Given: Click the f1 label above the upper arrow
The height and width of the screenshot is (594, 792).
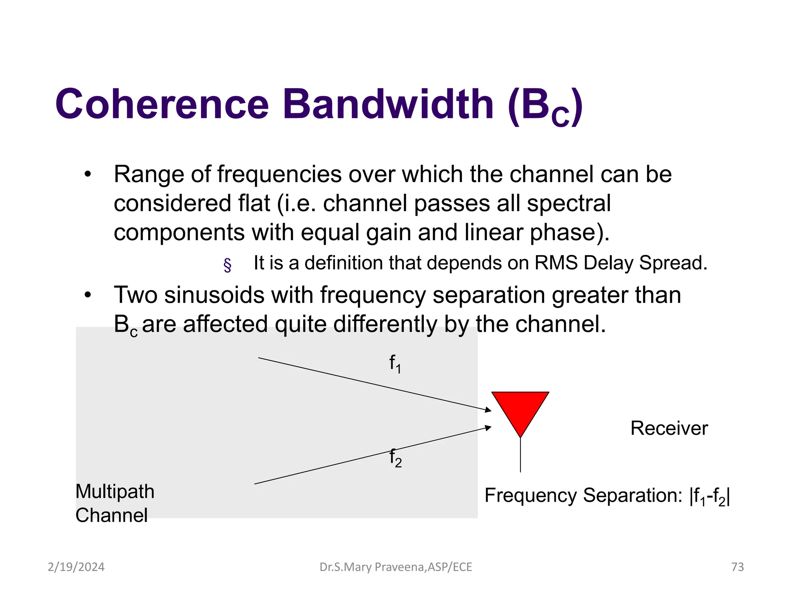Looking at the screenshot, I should click(395, 364).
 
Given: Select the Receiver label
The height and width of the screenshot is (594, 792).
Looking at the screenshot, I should click(669, 428).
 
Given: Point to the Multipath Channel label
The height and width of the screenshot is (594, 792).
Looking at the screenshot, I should click(114, 503).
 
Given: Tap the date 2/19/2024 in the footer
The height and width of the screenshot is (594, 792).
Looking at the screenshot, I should click(76, 567).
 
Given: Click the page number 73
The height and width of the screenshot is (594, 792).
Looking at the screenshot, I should click(737, 567).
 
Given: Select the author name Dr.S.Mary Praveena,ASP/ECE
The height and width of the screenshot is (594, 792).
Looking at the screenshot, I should click(396, 567).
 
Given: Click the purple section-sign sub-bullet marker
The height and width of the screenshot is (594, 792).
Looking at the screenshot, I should click(227, 265).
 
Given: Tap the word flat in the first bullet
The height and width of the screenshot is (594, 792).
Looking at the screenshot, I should click(254, 203).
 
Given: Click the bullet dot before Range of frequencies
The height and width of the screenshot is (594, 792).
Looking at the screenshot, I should click(88, 174).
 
